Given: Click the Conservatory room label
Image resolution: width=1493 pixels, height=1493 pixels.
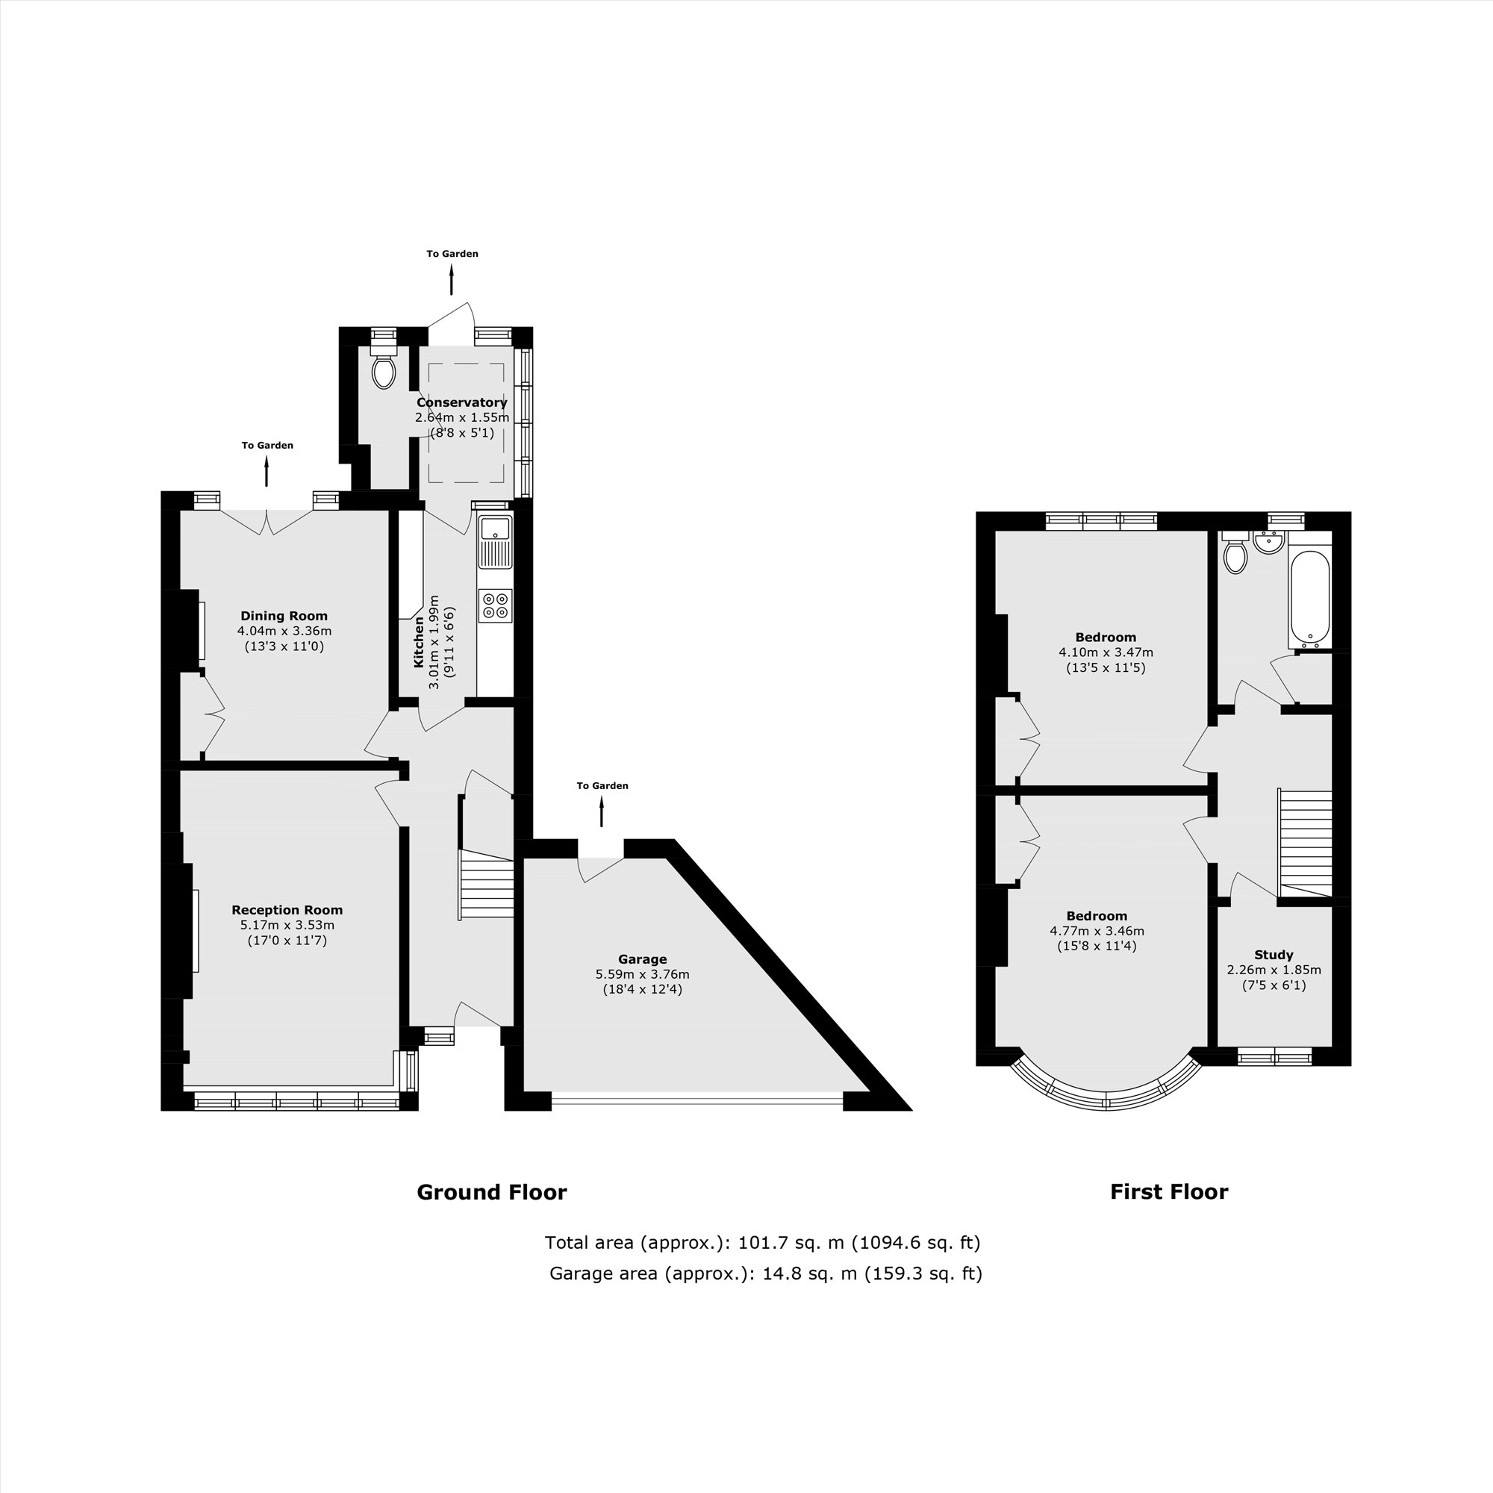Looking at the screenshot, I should point(461,402).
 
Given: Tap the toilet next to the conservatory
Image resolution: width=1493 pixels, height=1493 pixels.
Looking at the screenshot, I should point(383,372).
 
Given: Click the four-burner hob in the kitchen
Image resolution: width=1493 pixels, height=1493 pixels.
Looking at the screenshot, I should point(495,605).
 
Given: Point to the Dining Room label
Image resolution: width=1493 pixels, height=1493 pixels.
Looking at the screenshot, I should point(284,616).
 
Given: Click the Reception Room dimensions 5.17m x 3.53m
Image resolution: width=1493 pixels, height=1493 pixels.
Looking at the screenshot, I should point(287,925).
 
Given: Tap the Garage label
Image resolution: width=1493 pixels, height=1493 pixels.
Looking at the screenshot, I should point(642,959).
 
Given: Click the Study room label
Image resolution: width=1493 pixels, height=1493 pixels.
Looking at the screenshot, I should point(1274,954).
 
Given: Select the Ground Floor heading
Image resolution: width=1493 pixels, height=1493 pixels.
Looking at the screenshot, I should point(491,1191).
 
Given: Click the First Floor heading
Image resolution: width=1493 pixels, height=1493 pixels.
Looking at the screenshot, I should point(1168,1191).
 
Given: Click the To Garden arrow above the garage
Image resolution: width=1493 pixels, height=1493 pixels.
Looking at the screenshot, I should point(601,813).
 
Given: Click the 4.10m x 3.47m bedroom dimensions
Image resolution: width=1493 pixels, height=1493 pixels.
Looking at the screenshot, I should point(1105,652).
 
